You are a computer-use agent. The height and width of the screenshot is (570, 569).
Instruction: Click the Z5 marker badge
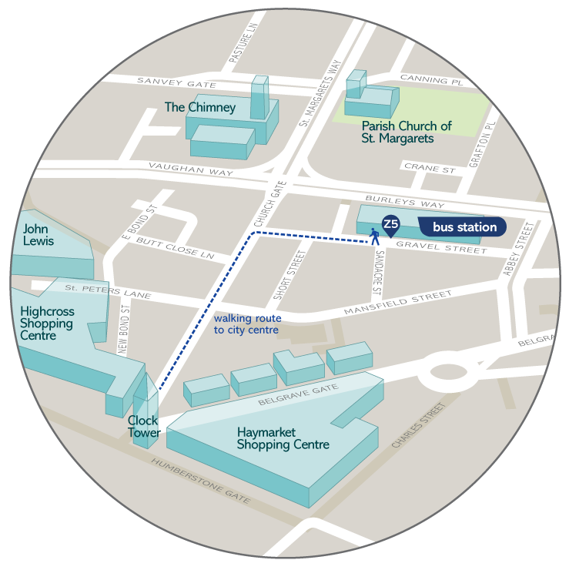[390, 224]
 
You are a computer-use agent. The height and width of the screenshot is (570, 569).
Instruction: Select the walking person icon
[376, 236]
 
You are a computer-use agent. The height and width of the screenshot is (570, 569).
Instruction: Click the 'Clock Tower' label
[144, 427]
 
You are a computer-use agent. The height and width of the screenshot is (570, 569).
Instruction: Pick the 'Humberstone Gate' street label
[201, 481]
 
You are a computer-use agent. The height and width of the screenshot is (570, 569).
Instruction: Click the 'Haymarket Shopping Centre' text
[283, 438]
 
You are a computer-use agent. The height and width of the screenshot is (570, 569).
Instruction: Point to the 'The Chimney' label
[200, 107]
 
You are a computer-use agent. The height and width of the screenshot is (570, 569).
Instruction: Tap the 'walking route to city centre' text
[247, 324]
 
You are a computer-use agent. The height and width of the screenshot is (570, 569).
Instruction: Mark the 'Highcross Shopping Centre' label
[46, 324]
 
